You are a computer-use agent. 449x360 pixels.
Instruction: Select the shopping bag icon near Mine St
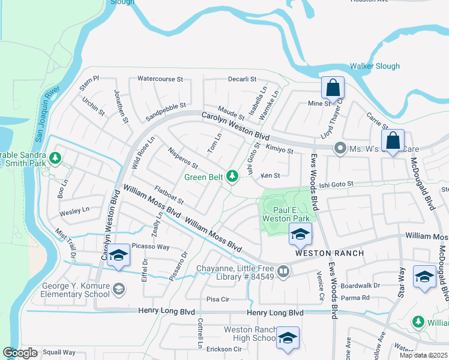tap(332, 88)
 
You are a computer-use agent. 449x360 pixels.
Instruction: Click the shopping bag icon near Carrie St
tap(393, 142)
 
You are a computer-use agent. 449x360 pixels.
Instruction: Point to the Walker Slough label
tap(374, 66)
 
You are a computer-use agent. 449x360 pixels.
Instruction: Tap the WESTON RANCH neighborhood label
tap(330, 253)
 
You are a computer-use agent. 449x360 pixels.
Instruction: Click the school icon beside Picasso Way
tap(119, 256)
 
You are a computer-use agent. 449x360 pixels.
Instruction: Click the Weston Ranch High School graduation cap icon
tap(288, 338)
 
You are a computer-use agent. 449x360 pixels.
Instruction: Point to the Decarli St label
tap(242, 79)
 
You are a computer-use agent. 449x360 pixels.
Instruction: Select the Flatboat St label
tap(168, 195)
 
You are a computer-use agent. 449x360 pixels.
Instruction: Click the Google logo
tap(20, 353)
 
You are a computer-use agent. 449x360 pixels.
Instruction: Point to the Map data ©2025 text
tap(423, 355)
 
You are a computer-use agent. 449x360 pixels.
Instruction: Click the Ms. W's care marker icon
tap(340, 148)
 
